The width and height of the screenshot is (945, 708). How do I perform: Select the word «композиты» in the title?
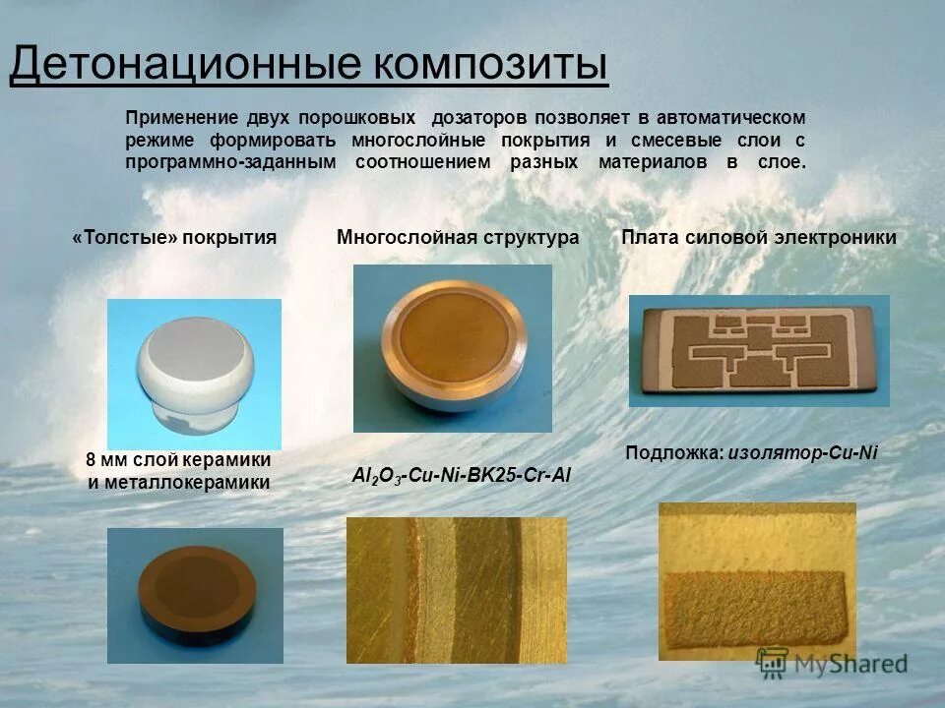click(491, 65)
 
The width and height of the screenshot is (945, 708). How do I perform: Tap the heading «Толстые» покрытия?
click(174, 237)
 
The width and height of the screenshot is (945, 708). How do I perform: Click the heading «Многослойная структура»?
click(458, 237)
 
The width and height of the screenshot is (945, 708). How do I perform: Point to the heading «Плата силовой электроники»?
click(759, 237)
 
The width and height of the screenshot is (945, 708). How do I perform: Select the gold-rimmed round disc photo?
click(453, 334)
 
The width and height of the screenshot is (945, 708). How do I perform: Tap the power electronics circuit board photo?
click(759, 350)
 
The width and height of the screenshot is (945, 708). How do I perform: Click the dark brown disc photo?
click(195, 594)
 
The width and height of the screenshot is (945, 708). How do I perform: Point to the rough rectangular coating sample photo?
click(757, 580)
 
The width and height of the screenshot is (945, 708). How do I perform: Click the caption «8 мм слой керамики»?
click(178, 460)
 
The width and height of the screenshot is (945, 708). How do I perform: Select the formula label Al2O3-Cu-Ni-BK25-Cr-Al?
click(462, 476)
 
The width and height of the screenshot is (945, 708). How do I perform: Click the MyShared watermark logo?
click(832, 663)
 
